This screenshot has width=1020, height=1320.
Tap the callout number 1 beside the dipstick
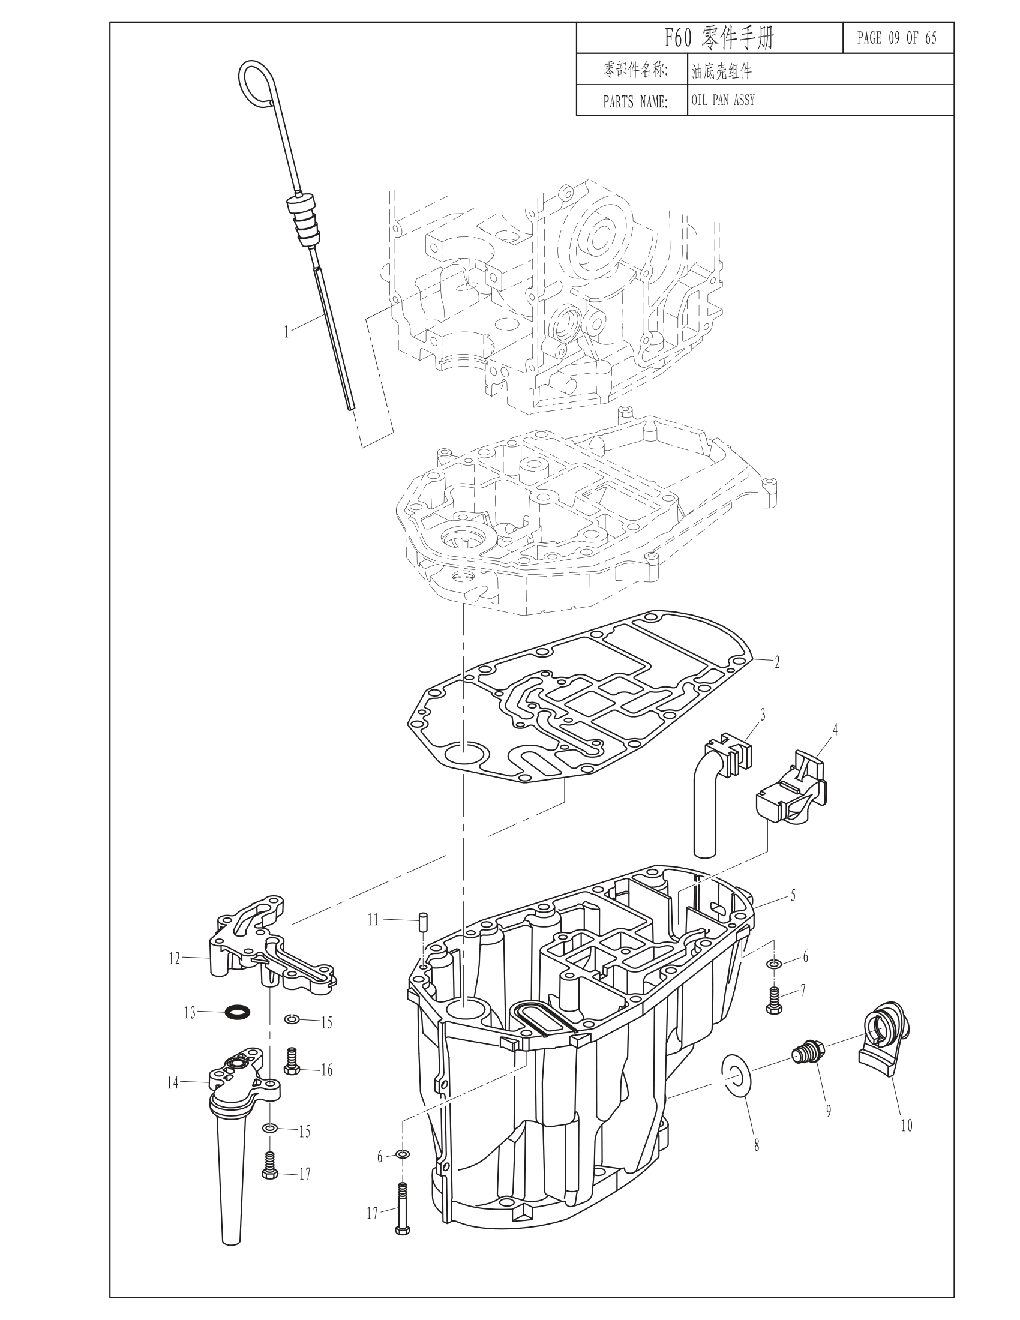click(x=287, y=332)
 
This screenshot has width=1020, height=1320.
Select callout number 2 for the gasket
click(x=777, y=662)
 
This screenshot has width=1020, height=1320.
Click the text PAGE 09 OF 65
click(x=897, y=38)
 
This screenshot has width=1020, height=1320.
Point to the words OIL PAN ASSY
click(x=724, y=100)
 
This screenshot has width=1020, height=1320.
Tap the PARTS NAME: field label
click(x=635, y=101)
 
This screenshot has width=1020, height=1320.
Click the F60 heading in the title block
click(x=678, y=38)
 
